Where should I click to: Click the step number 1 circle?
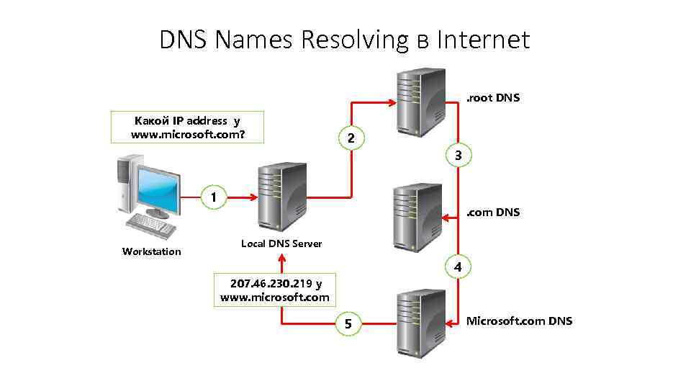point(213,196)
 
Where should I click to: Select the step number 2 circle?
point(350,138)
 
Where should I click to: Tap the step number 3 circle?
point(458,154)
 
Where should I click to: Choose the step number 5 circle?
point(349,324)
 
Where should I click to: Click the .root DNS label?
point(493,97)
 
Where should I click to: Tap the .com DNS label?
point(493,213)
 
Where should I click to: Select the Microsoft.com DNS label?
point(519,321)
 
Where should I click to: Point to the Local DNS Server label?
point(281,243)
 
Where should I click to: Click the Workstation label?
point(152,251)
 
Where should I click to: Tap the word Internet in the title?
point(484,40)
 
